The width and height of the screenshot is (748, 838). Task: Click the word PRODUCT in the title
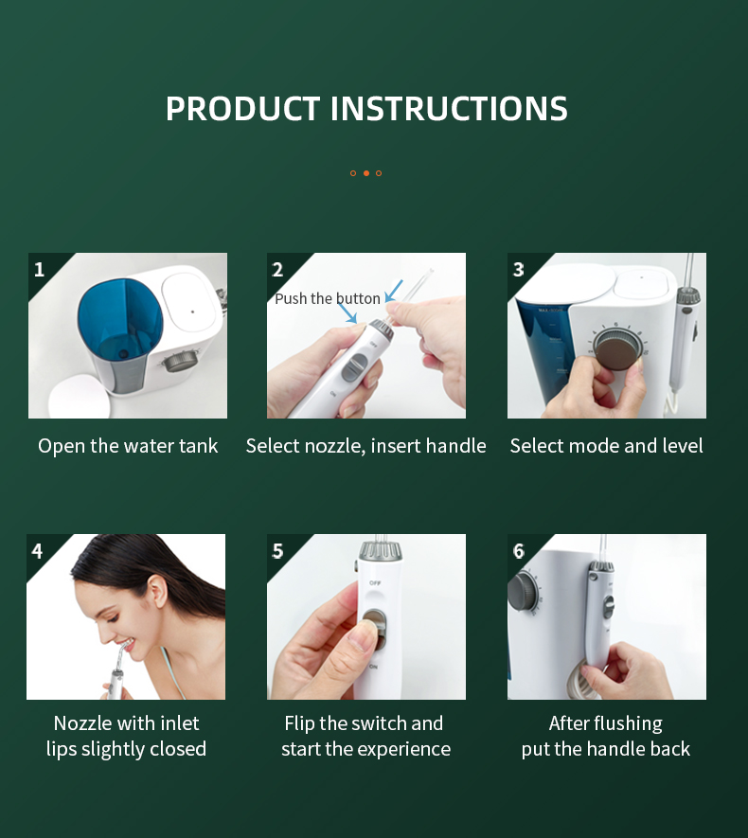point(242,109)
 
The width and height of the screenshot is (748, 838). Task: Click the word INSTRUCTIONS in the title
point(449,109)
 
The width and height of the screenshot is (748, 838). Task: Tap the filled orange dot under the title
point(366,173)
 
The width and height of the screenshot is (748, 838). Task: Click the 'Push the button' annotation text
point(328,298)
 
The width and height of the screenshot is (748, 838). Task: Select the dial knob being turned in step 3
point(617,349)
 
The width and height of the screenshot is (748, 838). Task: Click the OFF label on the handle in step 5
point(375,582)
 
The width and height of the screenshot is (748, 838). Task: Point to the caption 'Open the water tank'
point(128,446)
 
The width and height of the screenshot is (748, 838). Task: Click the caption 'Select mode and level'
point(606,446)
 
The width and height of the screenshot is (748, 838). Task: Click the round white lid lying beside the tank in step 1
point(80,396)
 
